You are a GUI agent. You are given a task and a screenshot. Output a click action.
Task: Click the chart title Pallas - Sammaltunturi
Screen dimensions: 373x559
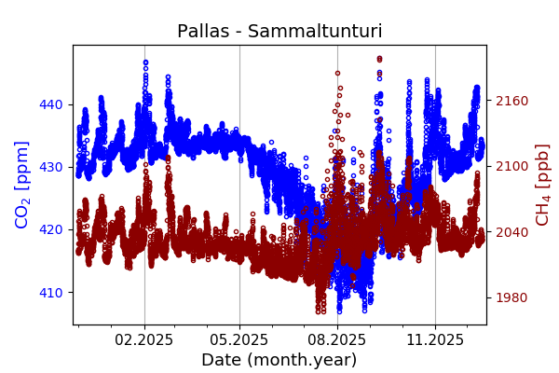279,32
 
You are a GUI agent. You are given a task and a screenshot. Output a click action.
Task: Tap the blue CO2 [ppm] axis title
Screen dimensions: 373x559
22,185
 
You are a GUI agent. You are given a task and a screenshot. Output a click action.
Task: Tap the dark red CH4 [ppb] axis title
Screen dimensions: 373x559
542,185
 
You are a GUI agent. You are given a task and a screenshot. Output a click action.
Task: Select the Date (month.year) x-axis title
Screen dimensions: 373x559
279,360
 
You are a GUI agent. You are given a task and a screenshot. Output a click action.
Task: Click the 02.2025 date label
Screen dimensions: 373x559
144,340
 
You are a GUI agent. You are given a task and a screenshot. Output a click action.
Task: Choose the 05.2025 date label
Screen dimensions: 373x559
239,340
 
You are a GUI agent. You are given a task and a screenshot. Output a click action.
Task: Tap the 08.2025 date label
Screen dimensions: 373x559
337,340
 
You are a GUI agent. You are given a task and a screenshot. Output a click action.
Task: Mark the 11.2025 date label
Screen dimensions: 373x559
435,340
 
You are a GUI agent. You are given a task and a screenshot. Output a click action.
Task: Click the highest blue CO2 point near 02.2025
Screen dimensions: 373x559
145,62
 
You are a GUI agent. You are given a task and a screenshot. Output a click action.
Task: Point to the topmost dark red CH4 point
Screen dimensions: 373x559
379,58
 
